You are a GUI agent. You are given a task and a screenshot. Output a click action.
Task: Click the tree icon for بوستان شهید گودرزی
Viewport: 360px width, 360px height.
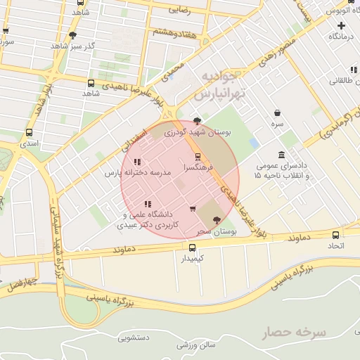pos(197,120)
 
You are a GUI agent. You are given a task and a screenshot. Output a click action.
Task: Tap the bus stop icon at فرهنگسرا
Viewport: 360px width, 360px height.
pos(197,157)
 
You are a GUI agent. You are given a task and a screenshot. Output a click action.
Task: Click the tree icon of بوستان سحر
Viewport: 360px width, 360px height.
pos(217,221)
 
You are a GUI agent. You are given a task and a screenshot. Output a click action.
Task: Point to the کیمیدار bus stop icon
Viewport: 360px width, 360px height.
pos(192,247)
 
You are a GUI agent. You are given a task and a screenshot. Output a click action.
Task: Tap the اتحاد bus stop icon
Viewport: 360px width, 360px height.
pos(335,235)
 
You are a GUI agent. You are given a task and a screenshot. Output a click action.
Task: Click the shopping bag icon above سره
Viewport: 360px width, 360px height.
pos(278,112)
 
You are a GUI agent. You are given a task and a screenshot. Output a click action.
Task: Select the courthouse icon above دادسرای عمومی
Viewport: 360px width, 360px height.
pos(281,155)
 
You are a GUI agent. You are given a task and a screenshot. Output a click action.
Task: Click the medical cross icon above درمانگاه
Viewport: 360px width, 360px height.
pos(341,25)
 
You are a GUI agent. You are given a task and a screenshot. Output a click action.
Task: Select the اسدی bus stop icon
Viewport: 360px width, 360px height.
pos(29,132)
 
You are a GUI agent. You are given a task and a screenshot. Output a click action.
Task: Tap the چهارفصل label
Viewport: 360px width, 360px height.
pos(20,283)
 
